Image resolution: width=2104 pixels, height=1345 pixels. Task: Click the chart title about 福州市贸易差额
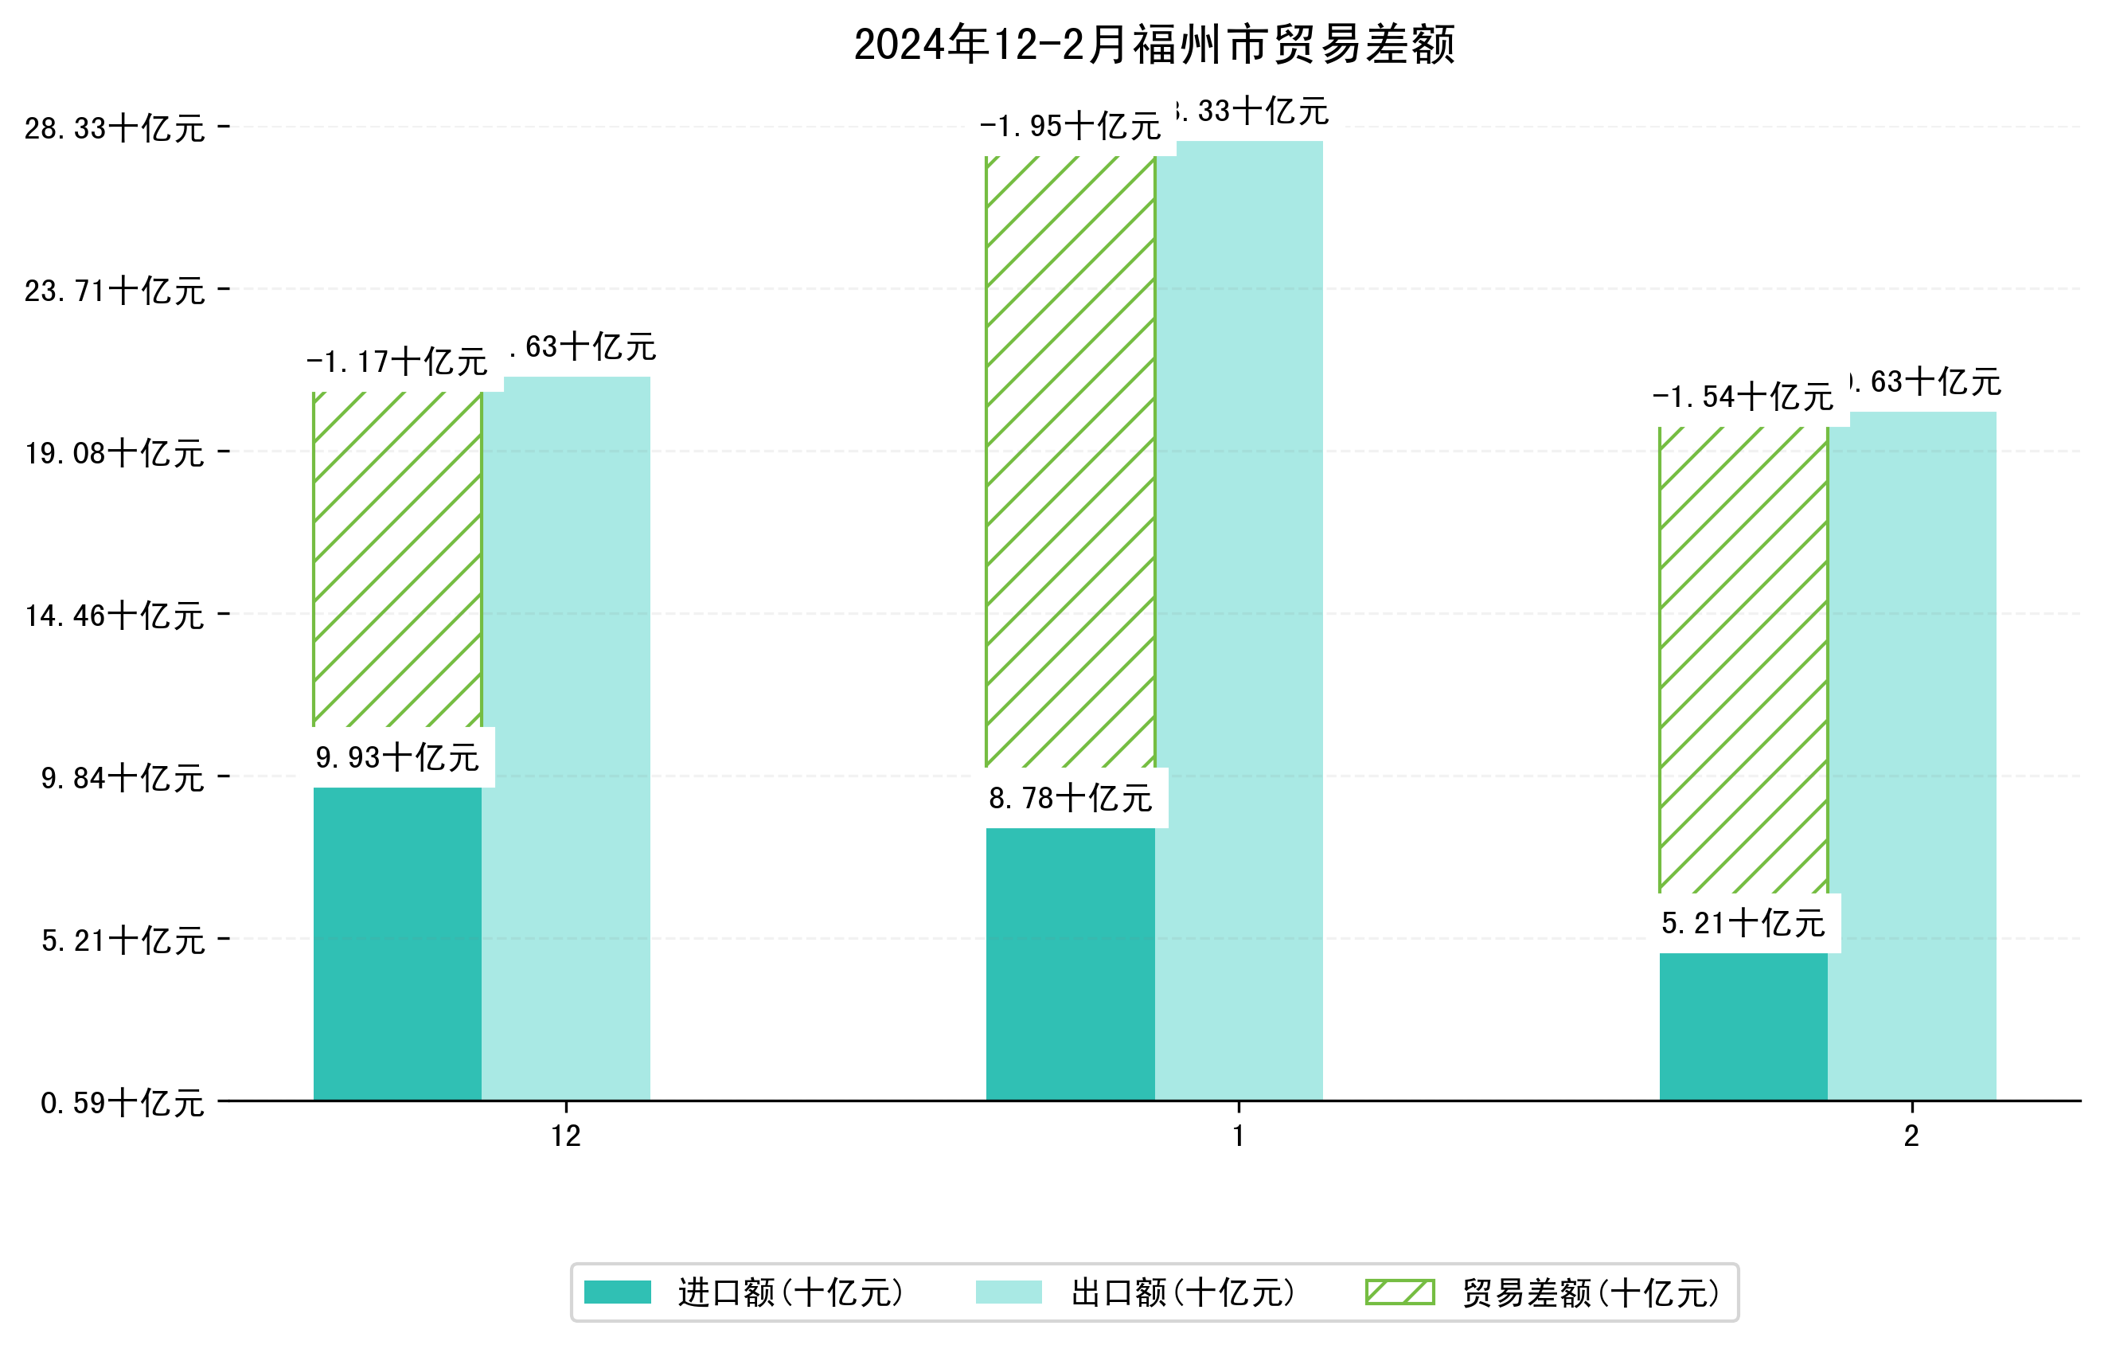coord(1154,45)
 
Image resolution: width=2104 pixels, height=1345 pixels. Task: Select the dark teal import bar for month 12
coord(396,944)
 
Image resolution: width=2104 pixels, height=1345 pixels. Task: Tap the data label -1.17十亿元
coord(397,362)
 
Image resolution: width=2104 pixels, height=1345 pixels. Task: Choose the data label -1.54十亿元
coord(1743,397)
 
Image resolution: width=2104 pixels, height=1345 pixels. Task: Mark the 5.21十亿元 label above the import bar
coord(1743,924)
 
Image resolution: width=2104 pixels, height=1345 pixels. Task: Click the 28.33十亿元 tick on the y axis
coord(115,128)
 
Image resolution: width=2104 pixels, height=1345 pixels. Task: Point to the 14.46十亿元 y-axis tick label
coord(115,616)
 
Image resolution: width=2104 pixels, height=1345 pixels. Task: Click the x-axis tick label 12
coord(565,1136)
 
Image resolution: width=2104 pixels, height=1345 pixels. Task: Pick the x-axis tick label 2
coord(1912,1136)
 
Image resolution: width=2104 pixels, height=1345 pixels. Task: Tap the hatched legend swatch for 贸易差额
coord(1399,1292)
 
